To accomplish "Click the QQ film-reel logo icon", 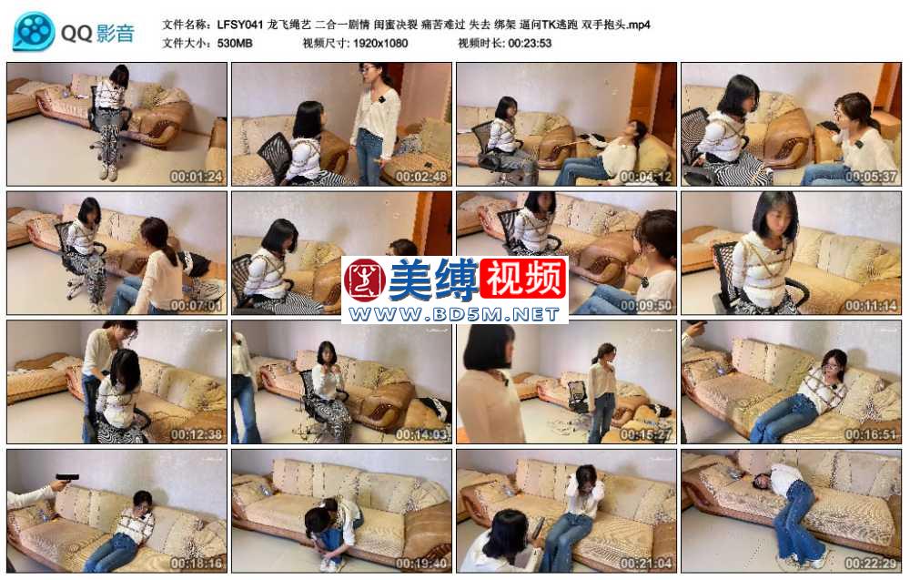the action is (x=33, y=31).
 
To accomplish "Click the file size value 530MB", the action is (x=235, y=43).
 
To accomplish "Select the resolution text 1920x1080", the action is (x=379, y=43).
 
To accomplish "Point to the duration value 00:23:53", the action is (x=530, y=43).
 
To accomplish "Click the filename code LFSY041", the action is (x=240, y=25).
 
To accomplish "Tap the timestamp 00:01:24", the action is (x=197, y=177).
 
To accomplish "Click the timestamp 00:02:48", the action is (x=421, y=177).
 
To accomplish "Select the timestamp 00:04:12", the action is (x=646, y=177).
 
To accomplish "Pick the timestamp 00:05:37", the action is (x=871, y=177).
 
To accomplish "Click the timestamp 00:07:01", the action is (x=197, y=305).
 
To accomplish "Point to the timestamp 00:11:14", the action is (x=871, y=305).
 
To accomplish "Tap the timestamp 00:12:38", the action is (x=197, y=434).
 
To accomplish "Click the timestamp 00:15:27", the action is (x=646, y=434).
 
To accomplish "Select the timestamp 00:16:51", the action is (x=871, y=434).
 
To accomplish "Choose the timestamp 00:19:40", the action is (x=421, y=564).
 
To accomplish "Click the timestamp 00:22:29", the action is (x=871, y=564).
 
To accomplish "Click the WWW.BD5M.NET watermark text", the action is (x=454, y=314).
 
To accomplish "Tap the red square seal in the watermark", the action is (x=365, y=280).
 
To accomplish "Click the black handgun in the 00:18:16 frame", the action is (x=67, y=478).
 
